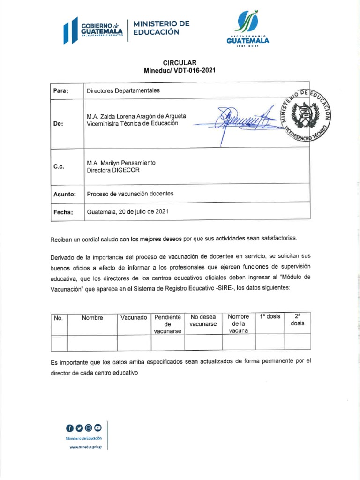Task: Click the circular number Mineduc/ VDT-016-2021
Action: click(x=180, y=71)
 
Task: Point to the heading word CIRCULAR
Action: click(x=180, y=62)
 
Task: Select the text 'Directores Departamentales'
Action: click(x=123, y=90)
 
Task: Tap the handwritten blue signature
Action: click(x=239, y=120)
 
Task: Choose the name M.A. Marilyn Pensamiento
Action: click(x=121, y=163)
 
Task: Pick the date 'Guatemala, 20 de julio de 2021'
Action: click(x=127, y=212)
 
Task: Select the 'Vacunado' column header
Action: click(x=134, y=318)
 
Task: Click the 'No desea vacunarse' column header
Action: click(x=203, y=321)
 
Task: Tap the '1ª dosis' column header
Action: click(x=270, y=316)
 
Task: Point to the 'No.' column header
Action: click(x=59, y=318)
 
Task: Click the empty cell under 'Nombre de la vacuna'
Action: click(x=239, y=343)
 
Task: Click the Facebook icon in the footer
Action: click(x=70, y=427)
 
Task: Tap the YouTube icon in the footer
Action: click(x=98, y=427)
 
